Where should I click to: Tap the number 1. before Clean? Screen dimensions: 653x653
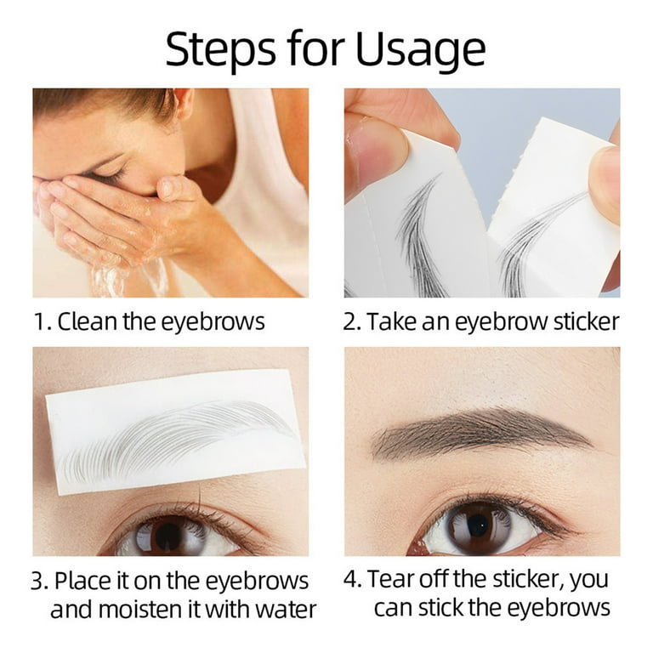(x=43, y=322)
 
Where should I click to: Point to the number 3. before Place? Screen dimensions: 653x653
(x=41, y=582)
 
